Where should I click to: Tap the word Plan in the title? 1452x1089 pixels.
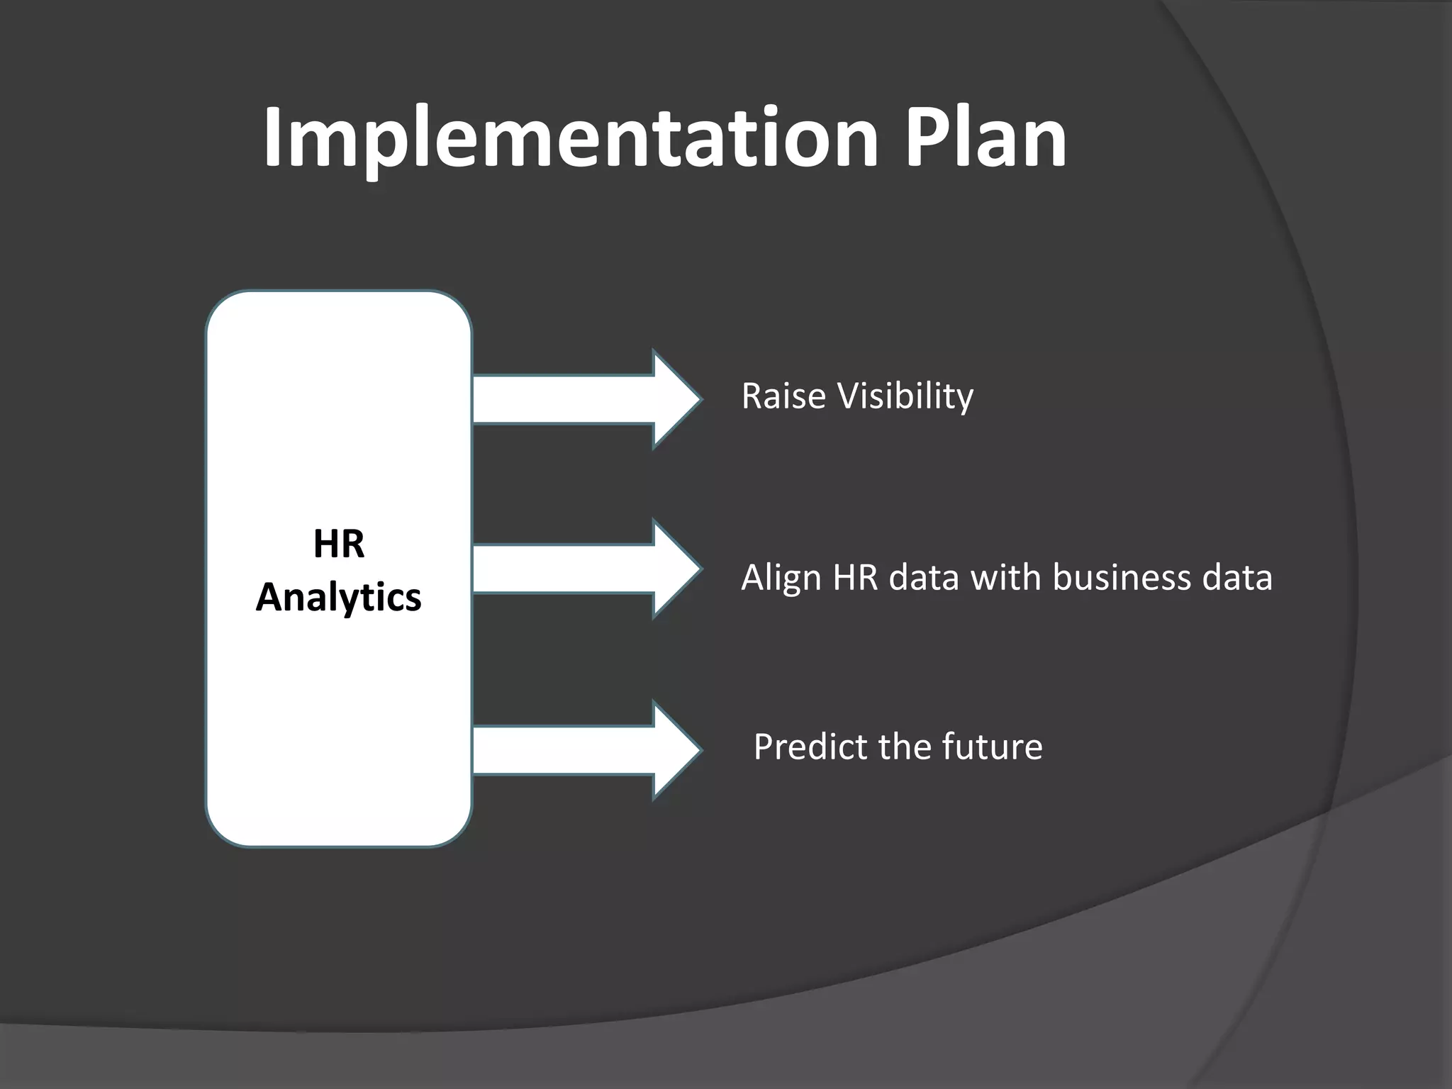click(x=985, y=138)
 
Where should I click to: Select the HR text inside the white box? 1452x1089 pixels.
click(x=339, y=544)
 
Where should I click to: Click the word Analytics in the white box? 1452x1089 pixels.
click(x=339, y=597)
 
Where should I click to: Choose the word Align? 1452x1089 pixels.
click(x=781, y=578)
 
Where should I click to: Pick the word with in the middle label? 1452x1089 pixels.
click(x=1007, y=577)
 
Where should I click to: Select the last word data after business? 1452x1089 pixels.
click(x=1236, y=577)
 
